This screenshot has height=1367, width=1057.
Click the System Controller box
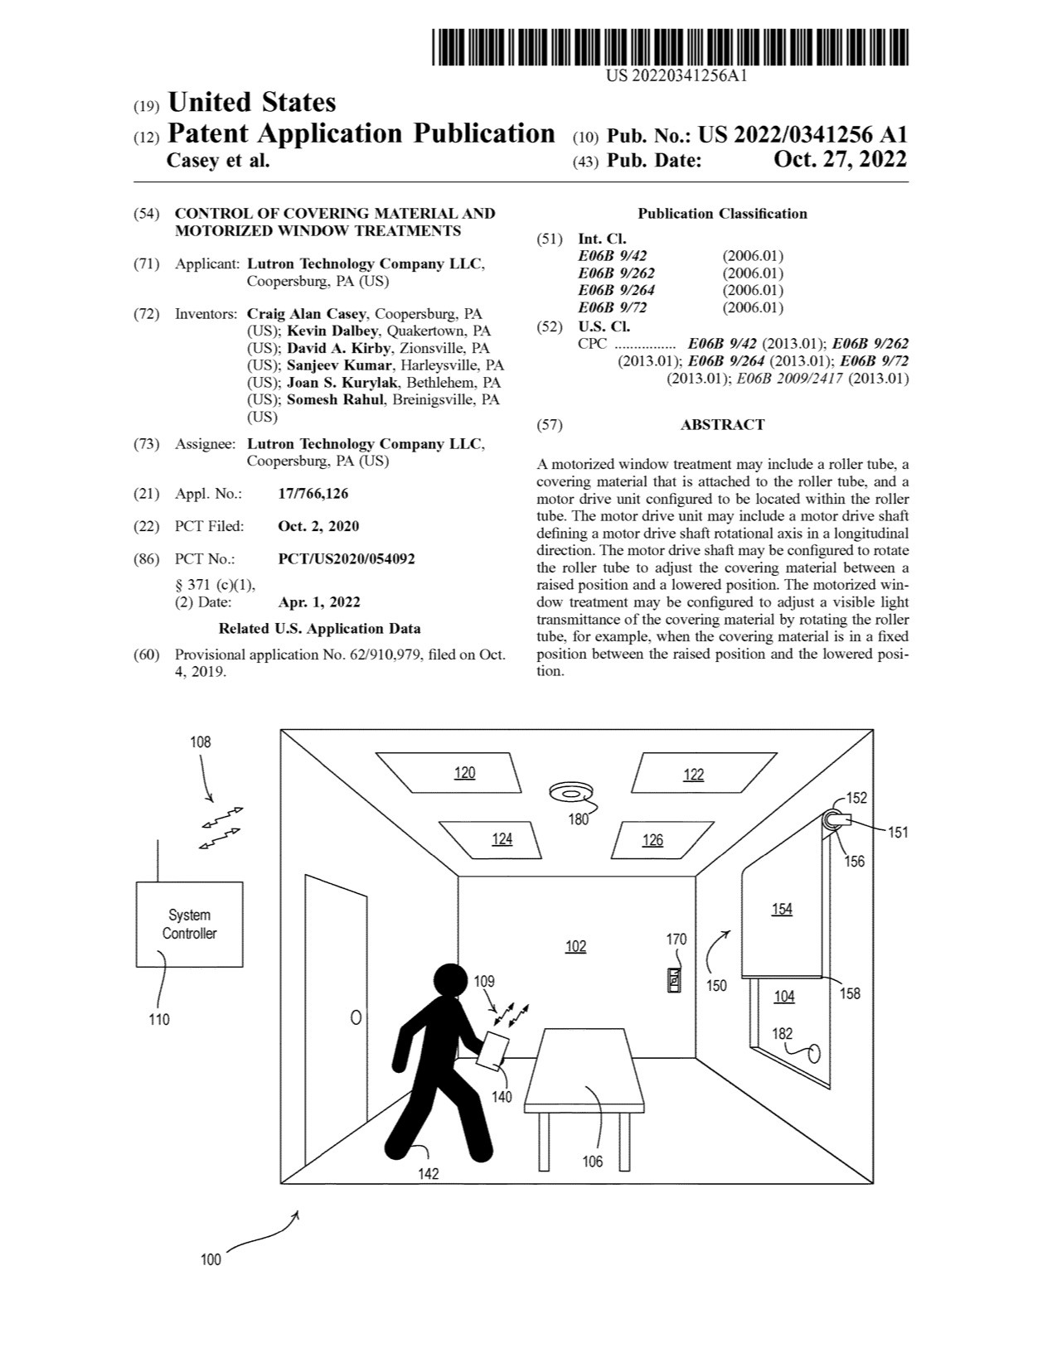point(189,924)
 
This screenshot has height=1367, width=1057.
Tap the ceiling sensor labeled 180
point(570,793)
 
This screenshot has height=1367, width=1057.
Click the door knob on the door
point(356,1017)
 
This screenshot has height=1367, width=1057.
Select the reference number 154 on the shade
point(782,909)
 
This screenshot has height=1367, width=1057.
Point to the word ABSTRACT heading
point(722,425)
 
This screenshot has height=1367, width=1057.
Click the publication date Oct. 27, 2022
point(840,159)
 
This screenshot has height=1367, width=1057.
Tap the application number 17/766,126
point(313,494)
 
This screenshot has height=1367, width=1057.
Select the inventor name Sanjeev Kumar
point(339,365)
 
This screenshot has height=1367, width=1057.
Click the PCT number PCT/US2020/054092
point(347,559)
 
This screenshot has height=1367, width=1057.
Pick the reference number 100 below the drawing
point(211,1259)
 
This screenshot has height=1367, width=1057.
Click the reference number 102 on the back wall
point(575,946)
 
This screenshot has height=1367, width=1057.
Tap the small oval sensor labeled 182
point(813,1053)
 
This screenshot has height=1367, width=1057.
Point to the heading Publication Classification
point(722,214)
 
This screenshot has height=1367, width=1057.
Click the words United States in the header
point(251,103)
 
